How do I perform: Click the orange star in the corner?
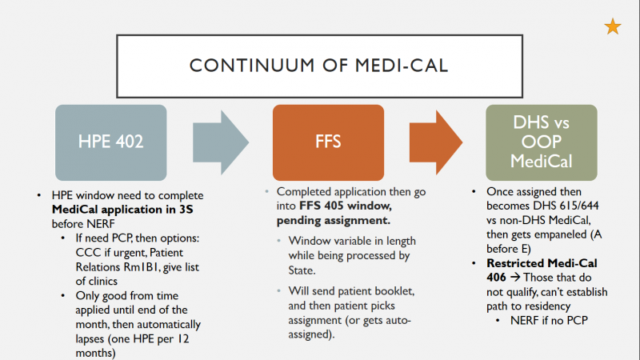612,27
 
